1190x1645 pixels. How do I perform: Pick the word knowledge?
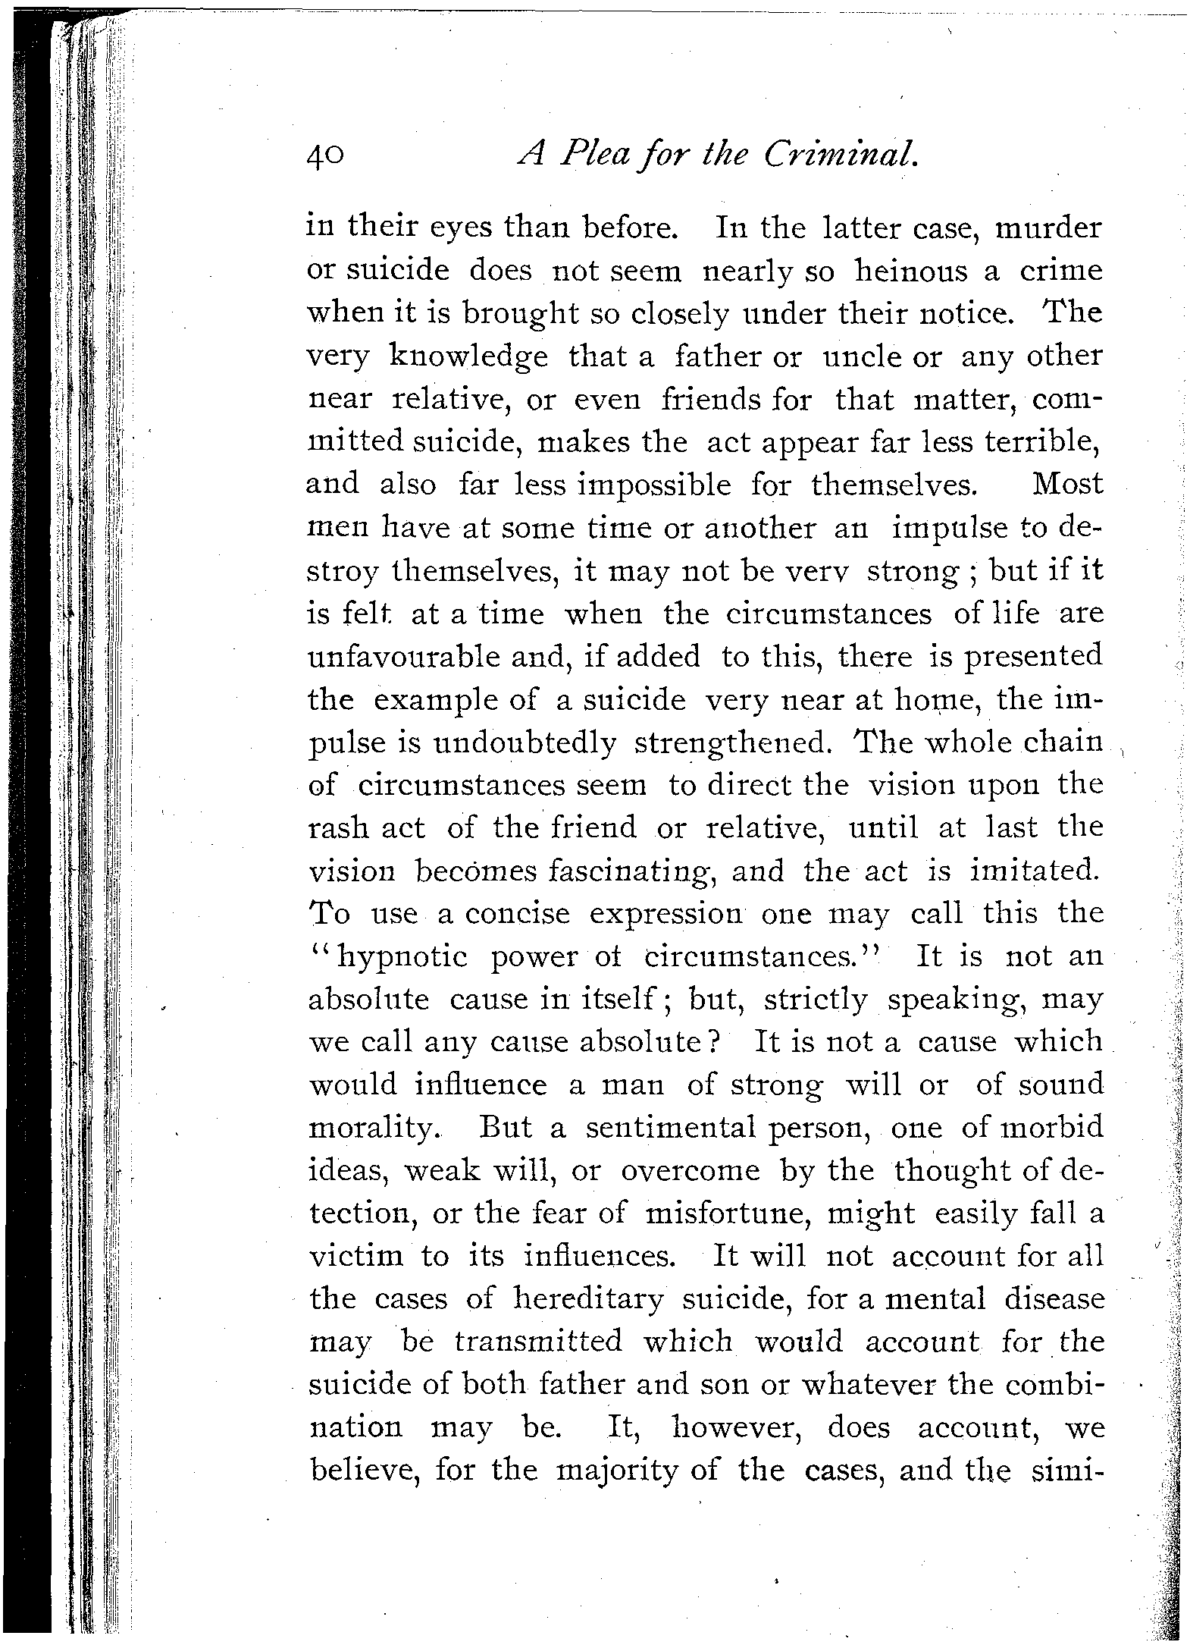tap(468, 357)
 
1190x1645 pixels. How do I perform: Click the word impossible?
tap(654, 486)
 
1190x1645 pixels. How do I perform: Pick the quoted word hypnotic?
tap(402, 958)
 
